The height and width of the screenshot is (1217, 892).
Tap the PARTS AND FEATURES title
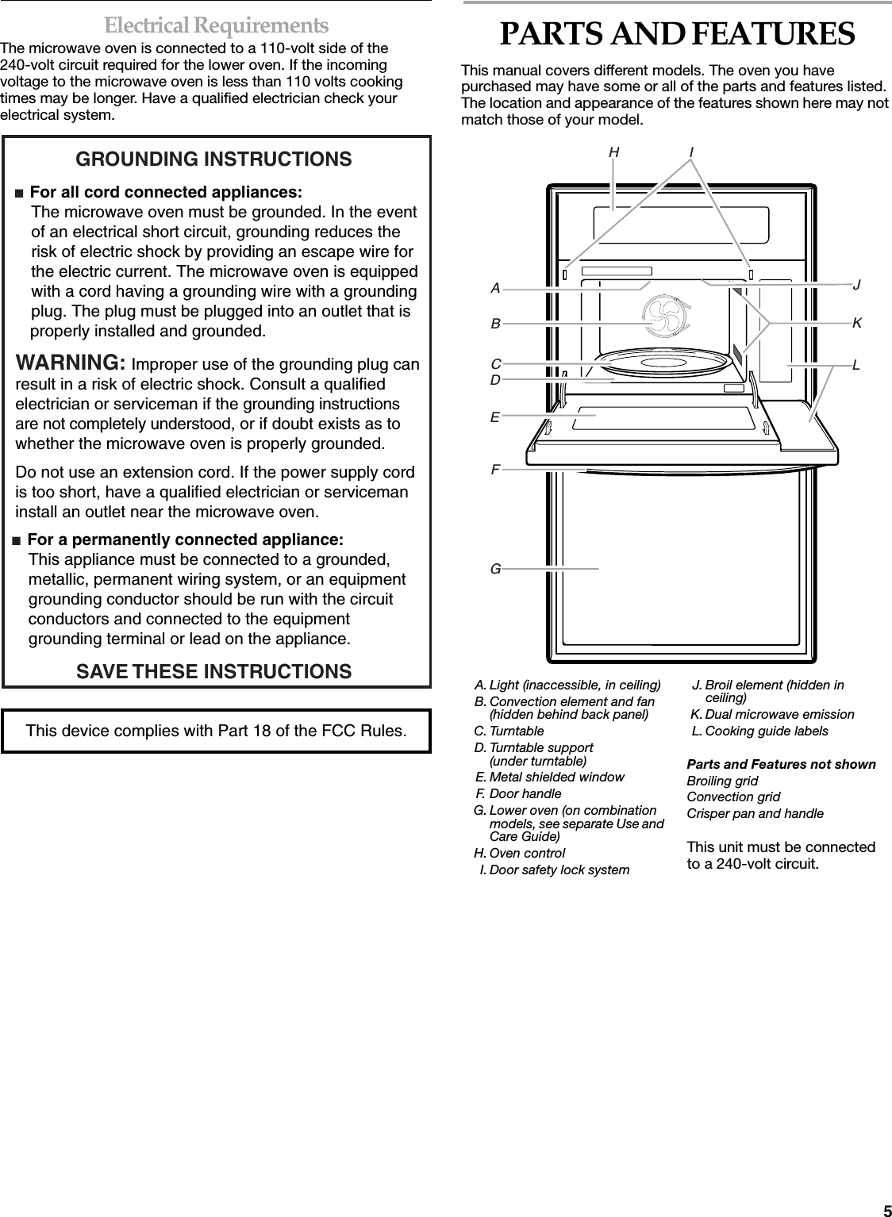tap(677, 34)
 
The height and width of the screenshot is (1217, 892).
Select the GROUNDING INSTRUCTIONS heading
tap(213, 159)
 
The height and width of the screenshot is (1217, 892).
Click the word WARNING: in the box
tap(70, 363)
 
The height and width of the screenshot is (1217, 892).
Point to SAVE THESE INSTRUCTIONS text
tap(213, 671)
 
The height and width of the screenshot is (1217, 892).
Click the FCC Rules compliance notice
tap(216, 730)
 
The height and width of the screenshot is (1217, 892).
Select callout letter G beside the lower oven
tap(495, 569)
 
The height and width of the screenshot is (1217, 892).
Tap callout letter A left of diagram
tap(495, 289)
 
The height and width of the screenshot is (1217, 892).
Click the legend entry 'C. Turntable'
tap(509, 731)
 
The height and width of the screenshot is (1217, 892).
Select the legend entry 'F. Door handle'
tap(518, 793)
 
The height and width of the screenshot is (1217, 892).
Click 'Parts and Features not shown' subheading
tap(781, 764)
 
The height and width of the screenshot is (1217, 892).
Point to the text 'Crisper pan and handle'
tap(755, 813)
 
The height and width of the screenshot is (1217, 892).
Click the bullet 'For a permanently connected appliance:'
tap(185, 540)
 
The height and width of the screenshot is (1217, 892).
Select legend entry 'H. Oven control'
tap(519, 853)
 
